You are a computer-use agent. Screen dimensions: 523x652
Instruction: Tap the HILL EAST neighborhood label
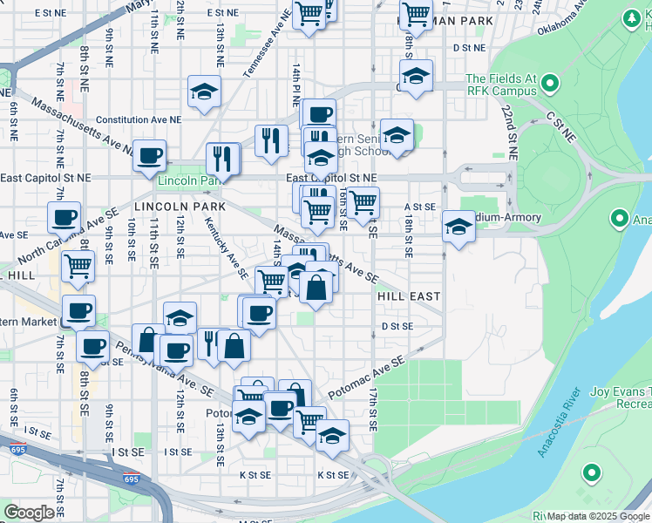409,296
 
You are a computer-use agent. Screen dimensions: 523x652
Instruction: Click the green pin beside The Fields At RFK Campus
550,84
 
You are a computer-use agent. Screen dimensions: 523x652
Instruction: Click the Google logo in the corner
29,513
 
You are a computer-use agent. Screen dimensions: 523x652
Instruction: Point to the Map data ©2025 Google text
598,516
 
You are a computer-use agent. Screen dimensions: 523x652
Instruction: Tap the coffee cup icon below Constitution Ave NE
149,155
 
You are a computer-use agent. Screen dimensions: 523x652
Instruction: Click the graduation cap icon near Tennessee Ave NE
204,91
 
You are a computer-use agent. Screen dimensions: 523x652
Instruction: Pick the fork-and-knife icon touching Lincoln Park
223,159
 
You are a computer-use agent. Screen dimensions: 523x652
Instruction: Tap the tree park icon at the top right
631,18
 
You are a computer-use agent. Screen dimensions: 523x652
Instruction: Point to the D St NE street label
467,48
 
